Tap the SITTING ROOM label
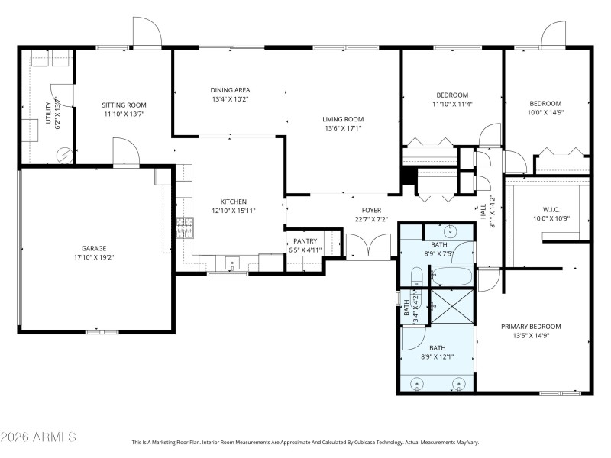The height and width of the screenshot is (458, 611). tap(124, 105)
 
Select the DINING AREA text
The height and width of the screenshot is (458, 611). tap(231, 90)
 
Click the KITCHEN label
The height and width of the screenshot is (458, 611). tap(234, 202)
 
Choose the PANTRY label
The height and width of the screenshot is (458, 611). tap(305, 241)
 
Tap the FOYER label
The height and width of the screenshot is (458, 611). tap(371, 211)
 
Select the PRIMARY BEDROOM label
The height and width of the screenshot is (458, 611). tap(531, 326)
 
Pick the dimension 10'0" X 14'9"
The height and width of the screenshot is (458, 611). tap(545, 113)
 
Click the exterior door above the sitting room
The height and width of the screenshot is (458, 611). tap(146, 33)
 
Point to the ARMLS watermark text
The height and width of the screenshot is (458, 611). tap(38, 437)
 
